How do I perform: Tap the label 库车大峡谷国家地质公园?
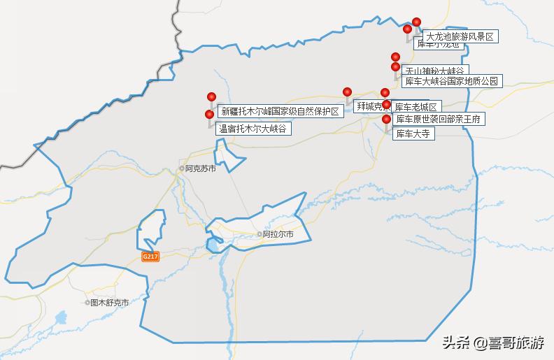tap(453, 81)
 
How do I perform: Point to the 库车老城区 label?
tap(415, 107)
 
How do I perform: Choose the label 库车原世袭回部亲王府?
tap(439, 120)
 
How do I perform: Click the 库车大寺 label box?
tap(412, 133)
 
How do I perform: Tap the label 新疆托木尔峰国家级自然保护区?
tap(280, 110)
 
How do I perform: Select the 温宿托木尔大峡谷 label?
tap(253, 129)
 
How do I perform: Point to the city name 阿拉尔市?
tap(278, 235)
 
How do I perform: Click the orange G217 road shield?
tap(150, 257)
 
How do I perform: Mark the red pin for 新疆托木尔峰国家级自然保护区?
tap(211, 97)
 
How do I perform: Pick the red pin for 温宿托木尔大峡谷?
tap(209, 115)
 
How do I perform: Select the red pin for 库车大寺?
tap(386, 120)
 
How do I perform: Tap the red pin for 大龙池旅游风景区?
tap(417, 22)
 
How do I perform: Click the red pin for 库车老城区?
tap(385, 93)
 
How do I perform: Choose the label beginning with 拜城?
tap(370, 106)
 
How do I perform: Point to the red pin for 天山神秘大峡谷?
tap(395, 57)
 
